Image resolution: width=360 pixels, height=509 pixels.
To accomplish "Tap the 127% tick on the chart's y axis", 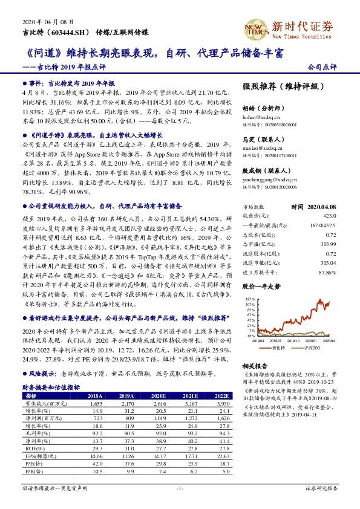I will click(x=250, y=299).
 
